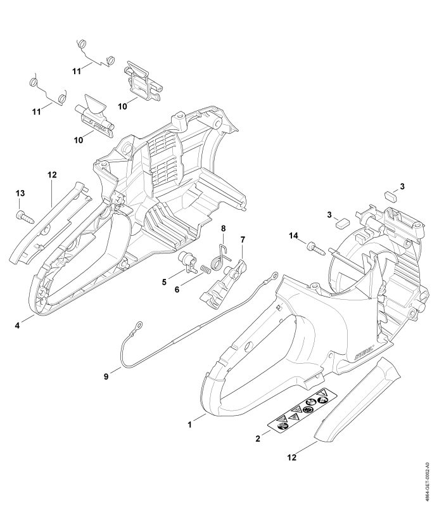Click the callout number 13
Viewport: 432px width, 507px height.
[x=20, y=193]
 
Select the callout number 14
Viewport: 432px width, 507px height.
[x=293, y=236]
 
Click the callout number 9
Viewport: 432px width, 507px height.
[x=106, y=376]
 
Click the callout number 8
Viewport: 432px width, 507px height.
[x=223, y=228]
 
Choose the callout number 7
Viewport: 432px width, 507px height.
[x=242, y=239]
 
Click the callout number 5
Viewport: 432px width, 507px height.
[x=164, y=281]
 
